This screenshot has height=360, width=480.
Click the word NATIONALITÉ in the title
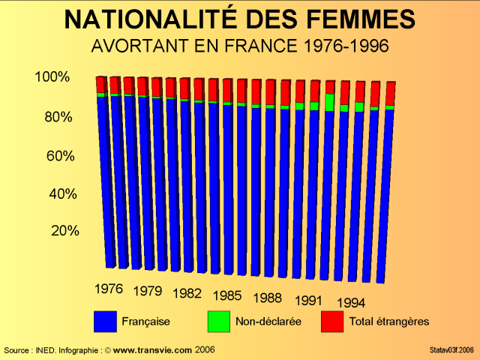[x=153, y=19]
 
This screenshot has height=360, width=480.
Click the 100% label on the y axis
[x=52, y=77]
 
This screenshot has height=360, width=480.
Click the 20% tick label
[x=64, y=231]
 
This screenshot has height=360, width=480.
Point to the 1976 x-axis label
[x=109, y=288]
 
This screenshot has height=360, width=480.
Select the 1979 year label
[x=148, y=291]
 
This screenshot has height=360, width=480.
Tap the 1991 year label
[x=308, y=300]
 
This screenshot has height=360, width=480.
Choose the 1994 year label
[x=351, y=303]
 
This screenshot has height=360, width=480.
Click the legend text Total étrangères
[x=388, y=322]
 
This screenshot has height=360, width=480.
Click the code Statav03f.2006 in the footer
[x=451, y=350]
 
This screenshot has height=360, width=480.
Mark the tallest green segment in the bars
[x=329, y=102]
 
